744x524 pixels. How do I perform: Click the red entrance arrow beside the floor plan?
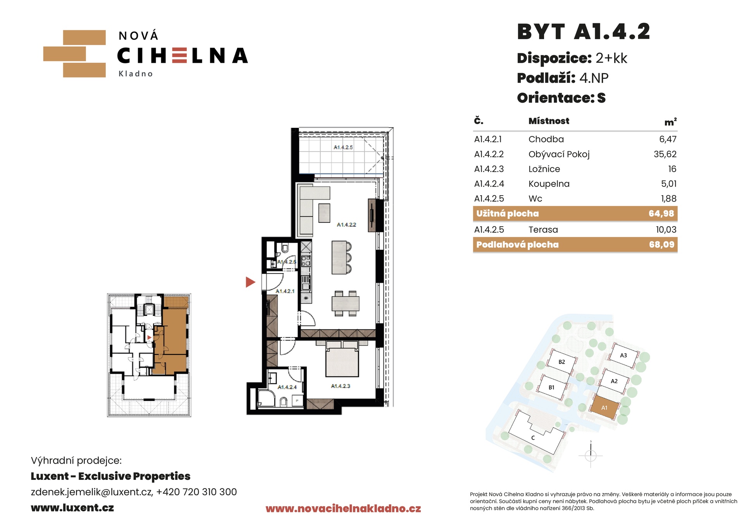click(250, 282)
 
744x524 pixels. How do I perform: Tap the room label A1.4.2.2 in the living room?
click(346, 225)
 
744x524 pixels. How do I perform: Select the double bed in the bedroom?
click(342, 359)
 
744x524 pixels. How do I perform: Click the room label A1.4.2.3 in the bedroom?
click(341, 386)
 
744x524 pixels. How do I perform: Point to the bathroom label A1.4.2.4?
click(287, 387)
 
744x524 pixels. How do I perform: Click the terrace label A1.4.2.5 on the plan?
click(343, 148)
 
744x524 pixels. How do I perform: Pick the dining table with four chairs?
click(345, 304)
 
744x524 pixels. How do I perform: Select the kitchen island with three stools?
click(341, 258)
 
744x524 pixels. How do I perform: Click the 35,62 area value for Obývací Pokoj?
click(665, 154)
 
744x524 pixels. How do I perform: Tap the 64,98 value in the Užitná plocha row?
click(661, 213)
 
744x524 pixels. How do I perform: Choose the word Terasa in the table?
click(543, 230)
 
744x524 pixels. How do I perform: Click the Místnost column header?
click(549, 121)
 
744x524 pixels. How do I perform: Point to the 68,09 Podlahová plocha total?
click(662, 244)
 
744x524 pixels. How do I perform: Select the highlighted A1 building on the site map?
click(604, 407)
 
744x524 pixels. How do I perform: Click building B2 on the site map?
click(561, 362)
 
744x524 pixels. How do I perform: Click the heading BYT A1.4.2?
click(584, 32)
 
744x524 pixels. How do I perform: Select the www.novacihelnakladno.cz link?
click(343, 509)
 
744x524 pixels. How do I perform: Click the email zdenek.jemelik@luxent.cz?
click(91, 492)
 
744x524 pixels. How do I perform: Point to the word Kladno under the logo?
click(136, 74)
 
